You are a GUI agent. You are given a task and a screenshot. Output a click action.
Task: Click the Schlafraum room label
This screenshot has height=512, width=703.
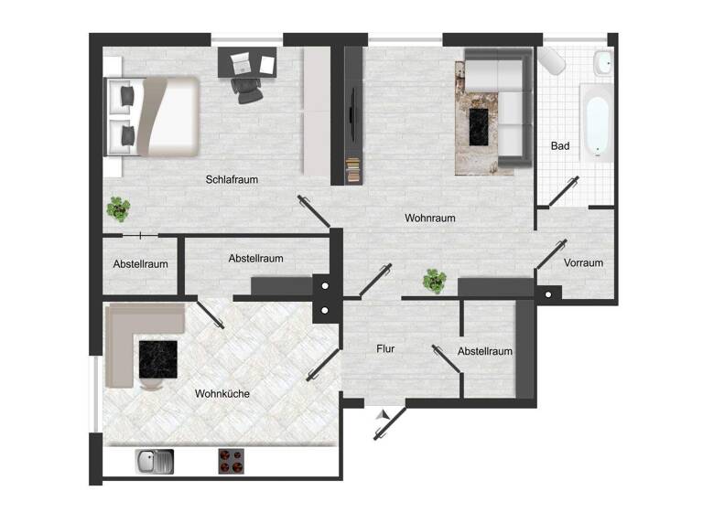pyautogui.click(x=232, y=180)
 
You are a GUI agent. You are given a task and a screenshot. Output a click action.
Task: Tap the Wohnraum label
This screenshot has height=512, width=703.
pyautogui.click(x=429, y=219)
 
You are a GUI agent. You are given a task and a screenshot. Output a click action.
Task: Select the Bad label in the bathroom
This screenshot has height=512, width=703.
pyautogui.click(x=560, y=146)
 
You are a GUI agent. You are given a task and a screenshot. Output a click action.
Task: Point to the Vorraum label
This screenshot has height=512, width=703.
pyautogui.click(x=583, y=263)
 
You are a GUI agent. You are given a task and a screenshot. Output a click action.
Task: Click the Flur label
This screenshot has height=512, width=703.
pyautogui.click(x=385, y=348)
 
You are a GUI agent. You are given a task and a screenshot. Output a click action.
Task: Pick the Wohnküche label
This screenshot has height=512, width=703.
pyautogui.click(x=222, y=394)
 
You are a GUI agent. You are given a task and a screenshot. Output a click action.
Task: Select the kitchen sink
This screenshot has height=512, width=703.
pyautogui.click(x=154, y=461)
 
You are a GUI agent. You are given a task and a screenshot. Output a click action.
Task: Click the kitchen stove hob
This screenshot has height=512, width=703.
pyautogui.click(x=231, y=461)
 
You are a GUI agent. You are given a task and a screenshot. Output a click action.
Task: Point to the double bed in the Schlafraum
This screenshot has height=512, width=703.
pyautogui.click(x=153, y=115)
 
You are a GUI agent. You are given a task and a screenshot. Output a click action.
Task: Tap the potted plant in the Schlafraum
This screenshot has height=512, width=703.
pyautogui.click(x=117, y=208)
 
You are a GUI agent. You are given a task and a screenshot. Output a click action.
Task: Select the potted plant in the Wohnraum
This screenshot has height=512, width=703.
pyautogui.click(x=435, y=281)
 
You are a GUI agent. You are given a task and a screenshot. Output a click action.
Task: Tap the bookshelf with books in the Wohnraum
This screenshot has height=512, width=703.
pyautogui.click(x=353, y=170)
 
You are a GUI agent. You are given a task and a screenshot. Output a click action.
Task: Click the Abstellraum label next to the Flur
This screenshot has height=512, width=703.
pyautogui.click(x=484, y=351)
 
